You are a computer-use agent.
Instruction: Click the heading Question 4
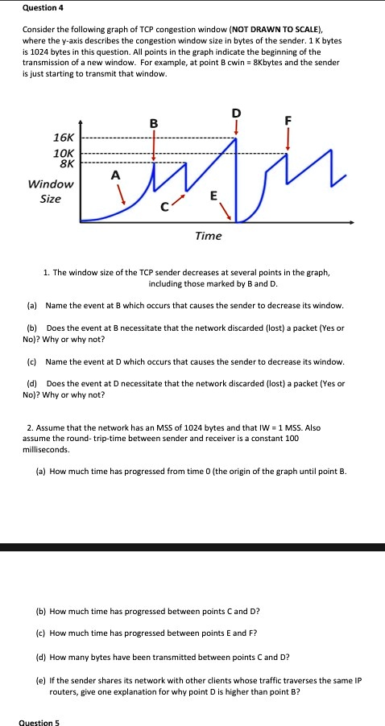coord(41,8)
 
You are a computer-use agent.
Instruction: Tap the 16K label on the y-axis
coord(64,138)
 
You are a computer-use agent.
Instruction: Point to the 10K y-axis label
coord(63,153)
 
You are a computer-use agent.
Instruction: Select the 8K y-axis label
coord(64,164)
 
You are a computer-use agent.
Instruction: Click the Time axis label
coord(208,235)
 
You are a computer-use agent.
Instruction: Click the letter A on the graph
coord(114,175)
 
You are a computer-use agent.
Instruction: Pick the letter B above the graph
coord(154,124)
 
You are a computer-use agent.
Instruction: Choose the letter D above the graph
coord(236,112)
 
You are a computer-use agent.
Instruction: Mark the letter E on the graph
coord(213,196)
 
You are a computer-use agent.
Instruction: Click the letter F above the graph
coord(288,122)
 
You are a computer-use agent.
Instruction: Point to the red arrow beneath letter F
coord(288,140)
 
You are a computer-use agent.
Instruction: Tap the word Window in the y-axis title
coord(51,184)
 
